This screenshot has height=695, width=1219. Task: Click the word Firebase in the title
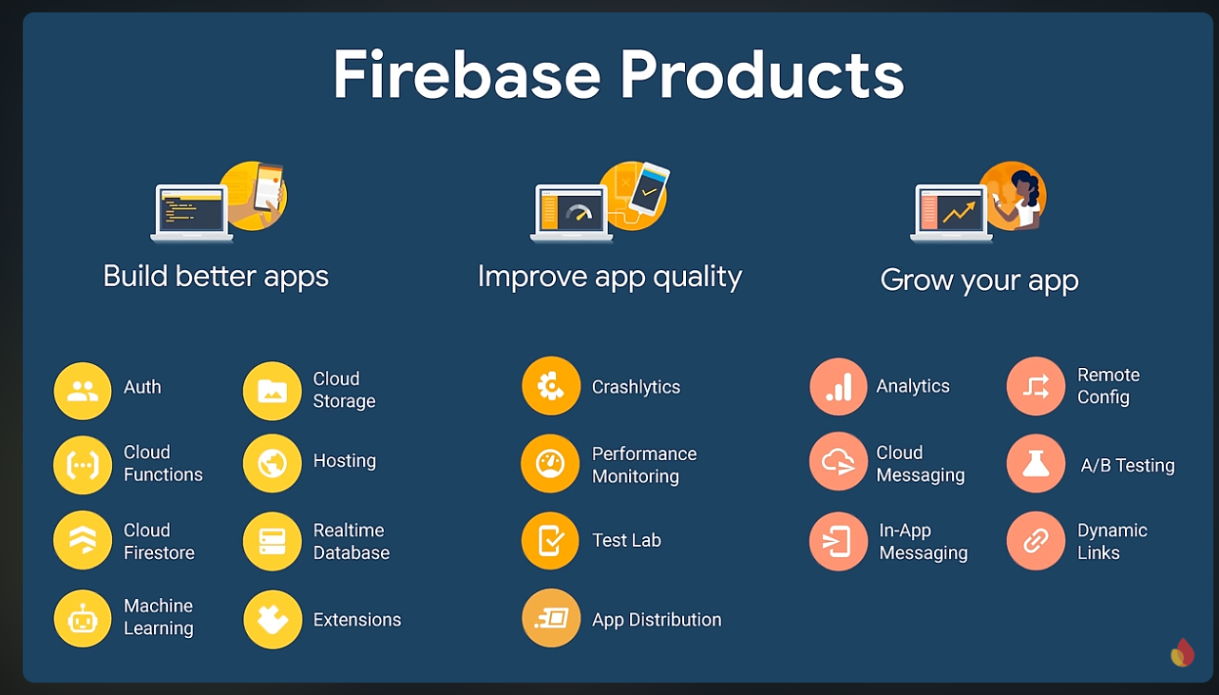coord(465,75)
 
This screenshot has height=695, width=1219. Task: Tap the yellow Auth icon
coord(83,391)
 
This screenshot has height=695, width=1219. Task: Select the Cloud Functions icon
coord(83,465)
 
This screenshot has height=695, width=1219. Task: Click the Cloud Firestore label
coord(159,542)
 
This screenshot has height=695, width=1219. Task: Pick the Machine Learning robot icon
coord(83,619)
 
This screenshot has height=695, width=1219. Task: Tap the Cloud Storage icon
coord(273,391)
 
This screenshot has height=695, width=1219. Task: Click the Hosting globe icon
coord(273,464)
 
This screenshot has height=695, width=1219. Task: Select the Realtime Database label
coord(351,542)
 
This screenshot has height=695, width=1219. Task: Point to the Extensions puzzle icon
coord(273,620)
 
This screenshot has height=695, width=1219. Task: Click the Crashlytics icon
coord(551,386)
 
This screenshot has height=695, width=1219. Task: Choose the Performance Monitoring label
coord(644,465)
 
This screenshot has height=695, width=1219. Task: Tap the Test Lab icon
coord(551,541)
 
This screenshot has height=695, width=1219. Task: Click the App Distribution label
coord(657,620)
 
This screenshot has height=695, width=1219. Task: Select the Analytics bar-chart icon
coord(838,386)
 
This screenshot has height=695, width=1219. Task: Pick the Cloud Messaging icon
coord(838,462)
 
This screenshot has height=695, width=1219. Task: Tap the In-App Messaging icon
coord(838,541)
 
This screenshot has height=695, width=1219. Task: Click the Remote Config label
coord(1108,386)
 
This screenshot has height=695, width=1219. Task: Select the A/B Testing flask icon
coord(1036,464)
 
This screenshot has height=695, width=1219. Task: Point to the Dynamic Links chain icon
coord(1036,541)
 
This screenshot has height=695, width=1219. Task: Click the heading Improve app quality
coord(609,277)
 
